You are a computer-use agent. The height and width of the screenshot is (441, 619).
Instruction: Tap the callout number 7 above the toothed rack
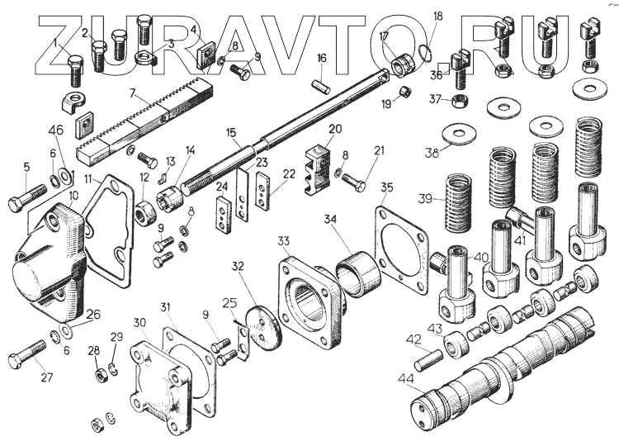point(133,93)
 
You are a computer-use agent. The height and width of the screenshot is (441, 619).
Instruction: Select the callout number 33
point(283,240)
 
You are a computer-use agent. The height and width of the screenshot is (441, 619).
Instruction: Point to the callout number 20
point(335,129)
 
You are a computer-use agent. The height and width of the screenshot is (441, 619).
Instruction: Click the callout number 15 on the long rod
point(231,133)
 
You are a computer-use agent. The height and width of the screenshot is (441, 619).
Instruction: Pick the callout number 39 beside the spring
point(425,198)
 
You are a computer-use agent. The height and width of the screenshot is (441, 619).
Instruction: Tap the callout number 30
point(139,323)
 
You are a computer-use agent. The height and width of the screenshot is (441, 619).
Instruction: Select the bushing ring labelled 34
point(358,273)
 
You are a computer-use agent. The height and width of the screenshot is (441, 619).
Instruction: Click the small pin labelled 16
point(320,87)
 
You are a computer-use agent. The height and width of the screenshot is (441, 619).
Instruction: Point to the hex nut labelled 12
point(144,213)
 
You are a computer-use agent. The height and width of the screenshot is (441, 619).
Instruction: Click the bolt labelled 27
point(27,354)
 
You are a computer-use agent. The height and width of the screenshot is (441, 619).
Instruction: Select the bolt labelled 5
point(27,197)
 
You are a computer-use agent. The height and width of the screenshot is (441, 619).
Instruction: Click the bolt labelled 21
point(354,183)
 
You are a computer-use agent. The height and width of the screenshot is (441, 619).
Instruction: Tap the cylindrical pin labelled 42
point(428,358)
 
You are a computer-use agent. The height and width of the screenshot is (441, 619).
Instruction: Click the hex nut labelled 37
point(460,101)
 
